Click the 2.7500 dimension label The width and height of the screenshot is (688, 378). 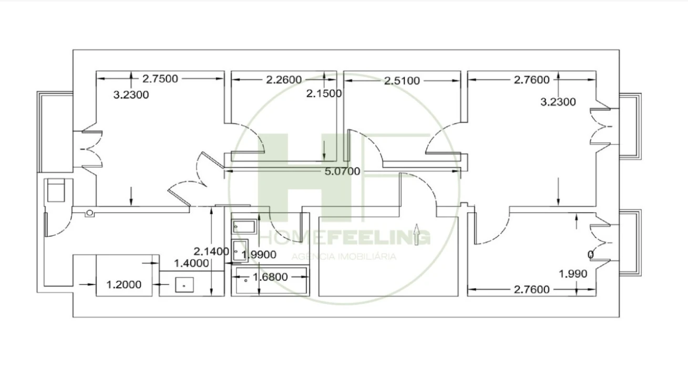tap(160, 79)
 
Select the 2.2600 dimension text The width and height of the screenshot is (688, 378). tap(284, 80)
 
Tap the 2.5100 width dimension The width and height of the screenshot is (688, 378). tap(402, 81)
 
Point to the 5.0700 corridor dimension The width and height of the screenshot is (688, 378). tap(342, 171)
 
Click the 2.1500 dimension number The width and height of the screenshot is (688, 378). tap(324, 93)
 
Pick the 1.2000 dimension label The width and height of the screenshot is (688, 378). tap(124, 285)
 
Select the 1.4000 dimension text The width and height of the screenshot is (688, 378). tap(191, 263)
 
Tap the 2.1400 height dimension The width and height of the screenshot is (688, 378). tap(211, 251)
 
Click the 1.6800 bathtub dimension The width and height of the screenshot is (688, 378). tap(270, 277)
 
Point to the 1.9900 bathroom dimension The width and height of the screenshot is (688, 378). tap(259, 255)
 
